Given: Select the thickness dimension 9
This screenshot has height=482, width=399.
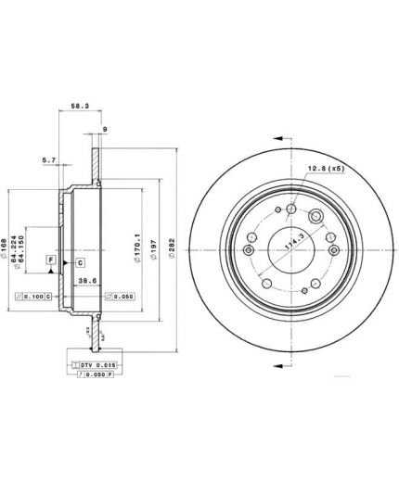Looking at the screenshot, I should [105, 129].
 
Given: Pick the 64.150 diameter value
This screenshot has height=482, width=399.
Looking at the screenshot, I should [35, 245].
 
